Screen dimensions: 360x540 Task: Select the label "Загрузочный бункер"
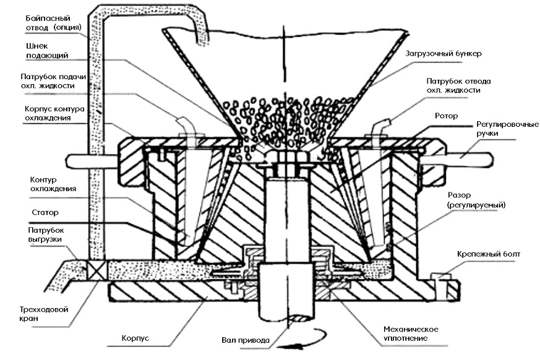tap(444, 54)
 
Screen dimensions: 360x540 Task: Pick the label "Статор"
tap(43, 212)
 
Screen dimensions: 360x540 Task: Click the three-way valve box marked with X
tap(97, 269)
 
